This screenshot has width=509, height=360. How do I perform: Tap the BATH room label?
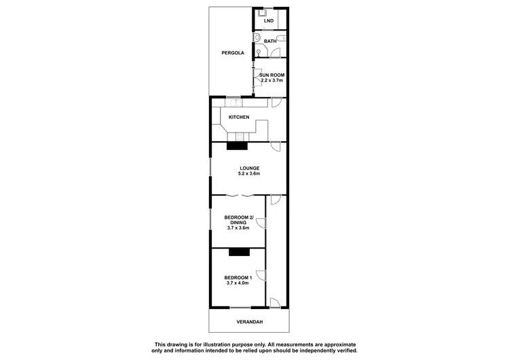(x=269, y=41)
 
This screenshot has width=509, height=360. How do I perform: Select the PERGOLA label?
(x=232, y=53)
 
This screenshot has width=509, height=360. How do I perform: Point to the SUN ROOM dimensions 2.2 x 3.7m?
(x=271, y=80)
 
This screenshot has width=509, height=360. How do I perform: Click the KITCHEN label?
(x=239, y=118)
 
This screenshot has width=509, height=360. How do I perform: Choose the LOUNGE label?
(x=249, y=168)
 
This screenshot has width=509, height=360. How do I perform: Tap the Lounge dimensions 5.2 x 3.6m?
(x=249, y=175)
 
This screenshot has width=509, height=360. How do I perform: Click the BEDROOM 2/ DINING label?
(x=239, y=219)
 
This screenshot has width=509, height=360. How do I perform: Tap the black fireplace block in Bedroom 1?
(x=239, y=252)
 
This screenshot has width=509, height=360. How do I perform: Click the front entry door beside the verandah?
(x=274, y=303)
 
